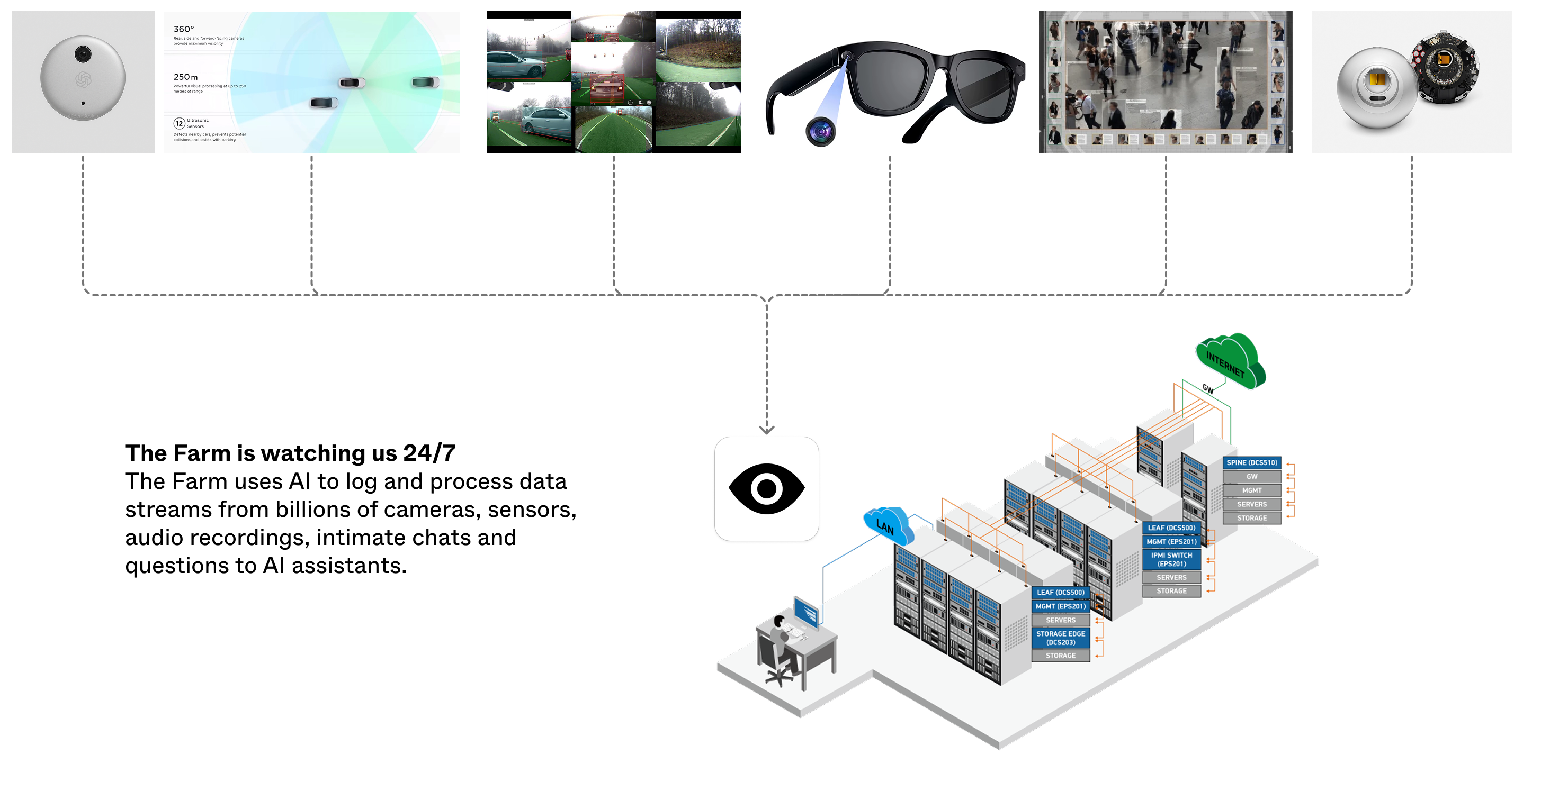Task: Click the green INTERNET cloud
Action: pos(1230,360)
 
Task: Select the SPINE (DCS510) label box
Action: pos(1251,462)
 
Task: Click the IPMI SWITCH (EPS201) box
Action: pos(1171,559)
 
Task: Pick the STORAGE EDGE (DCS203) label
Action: pos(1060,638)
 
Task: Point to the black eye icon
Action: pos(766,488)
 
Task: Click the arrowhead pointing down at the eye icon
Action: pos(766,429)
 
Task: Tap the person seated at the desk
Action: pos(781,643)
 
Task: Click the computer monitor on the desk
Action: pos(806,613)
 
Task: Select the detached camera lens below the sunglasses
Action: pos(820,132)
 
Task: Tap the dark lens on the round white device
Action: pos(83,54)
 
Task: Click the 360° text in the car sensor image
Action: pos(184,29)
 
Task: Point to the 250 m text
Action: pos(185,77)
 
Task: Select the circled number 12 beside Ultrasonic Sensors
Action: pos(179,123)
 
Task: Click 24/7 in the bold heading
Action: pos(429,453)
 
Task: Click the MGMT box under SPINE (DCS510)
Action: pos(1251,490)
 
